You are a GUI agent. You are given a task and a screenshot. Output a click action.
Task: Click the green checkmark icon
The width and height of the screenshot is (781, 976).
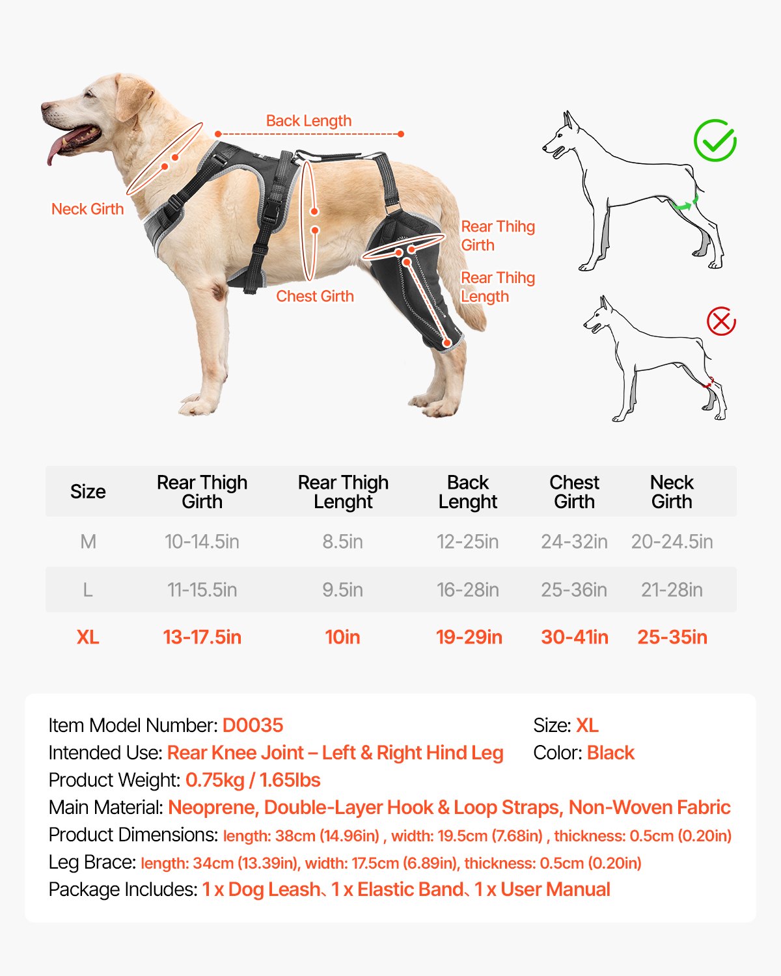coord(715,141)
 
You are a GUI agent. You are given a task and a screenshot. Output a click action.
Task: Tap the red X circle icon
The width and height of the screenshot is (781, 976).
coord(721,321)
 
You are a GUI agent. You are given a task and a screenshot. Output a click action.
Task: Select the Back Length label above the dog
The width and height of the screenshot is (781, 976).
coord(308,121)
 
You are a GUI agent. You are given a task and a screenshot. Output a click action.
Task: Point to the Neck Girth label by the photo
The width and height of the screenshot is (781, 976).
coord(87,209)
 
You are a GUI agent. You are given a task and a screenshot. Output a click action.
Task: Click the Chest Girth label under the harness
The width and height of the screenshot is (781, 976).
coord(315,296)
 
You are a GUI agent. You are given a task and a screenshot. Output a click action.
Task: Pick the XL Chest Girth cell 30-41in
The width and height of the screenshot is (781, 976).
coord(575,637)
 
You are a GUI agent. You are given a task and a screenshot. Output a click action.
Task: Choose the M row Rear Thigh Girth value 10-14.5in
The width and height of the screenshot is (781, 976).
coord(202,541)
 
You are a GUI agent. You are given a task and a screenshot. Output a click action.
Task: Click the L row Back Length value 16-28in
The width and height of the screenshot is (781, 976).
coord(468,590)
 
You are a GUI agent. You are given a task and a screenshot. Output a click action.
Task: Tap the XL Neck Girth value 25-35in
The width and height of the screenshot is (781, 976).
coord(672,637)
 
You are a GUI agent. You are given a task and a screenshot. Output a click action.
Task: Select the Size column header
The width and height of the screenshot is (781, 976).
coord(88,491)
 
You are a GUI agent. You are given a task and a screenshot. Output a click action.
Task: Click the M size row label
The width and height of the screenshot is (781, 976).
coord(88,541)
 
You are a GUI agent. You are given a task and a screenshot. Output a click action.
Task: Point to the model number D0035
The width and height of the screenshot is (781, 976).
coord(253,725)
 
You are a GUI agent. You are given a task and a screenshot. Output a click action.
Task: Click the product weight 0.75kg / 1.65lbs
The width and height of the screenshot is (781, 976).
coord(253,780)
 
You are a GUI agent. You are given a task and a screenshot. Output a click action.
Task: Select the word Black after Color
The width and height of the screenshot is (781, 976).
coord(610,753)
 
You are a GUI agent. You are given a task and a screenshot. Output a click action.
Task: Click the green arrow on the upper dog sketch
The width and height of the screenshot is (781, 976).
coord(683,206)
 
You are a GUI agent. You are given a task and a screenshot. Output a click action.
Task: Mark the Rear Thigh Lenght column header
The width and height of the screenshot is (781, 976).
coord(343,492)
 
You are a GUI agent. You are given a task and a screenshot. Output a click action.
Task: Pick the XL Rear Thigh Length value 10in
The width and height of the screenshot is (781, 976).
coord(342,637)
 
